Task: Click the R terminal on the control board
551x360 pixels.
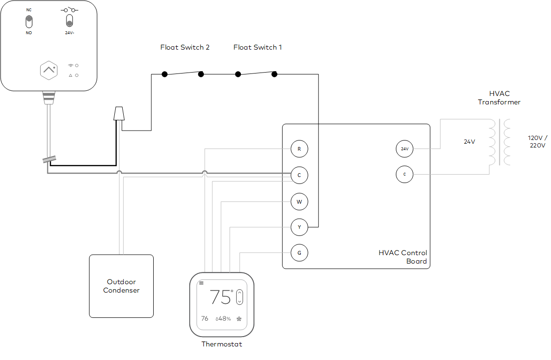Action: click(x=299, y=149)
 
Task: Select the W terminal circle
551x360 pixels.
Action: click(x=299, y=202)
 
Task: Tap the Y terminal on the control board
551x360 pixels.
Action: click(x=299, y=228)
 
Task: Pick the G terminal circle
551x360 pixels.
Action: click(x=299, y=253)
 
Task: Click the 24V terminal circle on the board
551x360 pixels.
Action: click(x=404, y=149)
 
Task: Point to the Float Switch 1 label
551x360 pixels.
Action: click(x=257, y=47)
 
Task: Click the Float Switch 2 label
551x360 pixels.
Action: click(x=185, y=47)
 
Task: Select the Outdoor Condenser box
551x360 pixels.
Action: click(x=121, y=286)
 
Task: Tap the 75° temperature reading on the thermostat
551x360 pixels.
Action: click(x=221, y=297)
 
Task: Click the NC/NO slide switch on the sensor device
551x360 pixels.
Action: click(x=29, y=22)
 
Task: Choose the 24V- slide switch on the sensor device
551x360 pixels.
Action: click(x=69, y=22)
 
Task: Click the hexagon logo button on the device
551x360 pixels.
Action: click(x=49, y=70)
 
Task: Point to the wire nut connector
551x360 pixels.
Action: click(x=120, y=114)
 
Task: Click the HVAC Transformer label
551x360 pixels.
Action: click(x=499, y=98)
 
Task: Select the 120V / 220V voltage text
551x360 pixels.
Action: click(x=537, y=141)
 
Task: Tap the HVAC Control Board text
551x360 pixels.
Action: click(x=403, y=257)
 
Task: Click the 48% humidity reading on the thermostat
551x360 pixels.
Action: click(x=223, y=319)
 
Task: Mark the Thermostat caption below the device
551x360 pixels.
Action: click(x=222, y=344)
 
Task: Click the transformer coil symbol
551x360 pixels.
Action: click(x=499, y=142)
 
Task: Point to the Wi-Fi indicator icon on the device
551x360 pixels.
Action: click(x=71, y=65)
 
